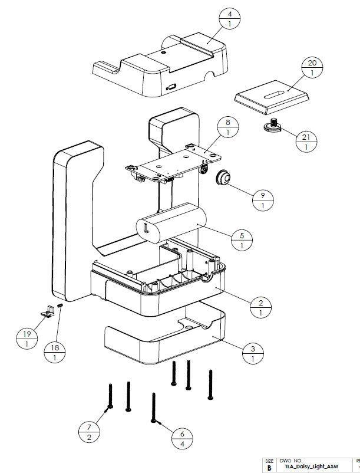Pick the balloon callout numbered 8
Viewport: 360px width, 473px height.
pos(227,128)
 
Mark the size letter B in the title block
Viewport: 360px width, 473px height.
pos(269,467)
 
